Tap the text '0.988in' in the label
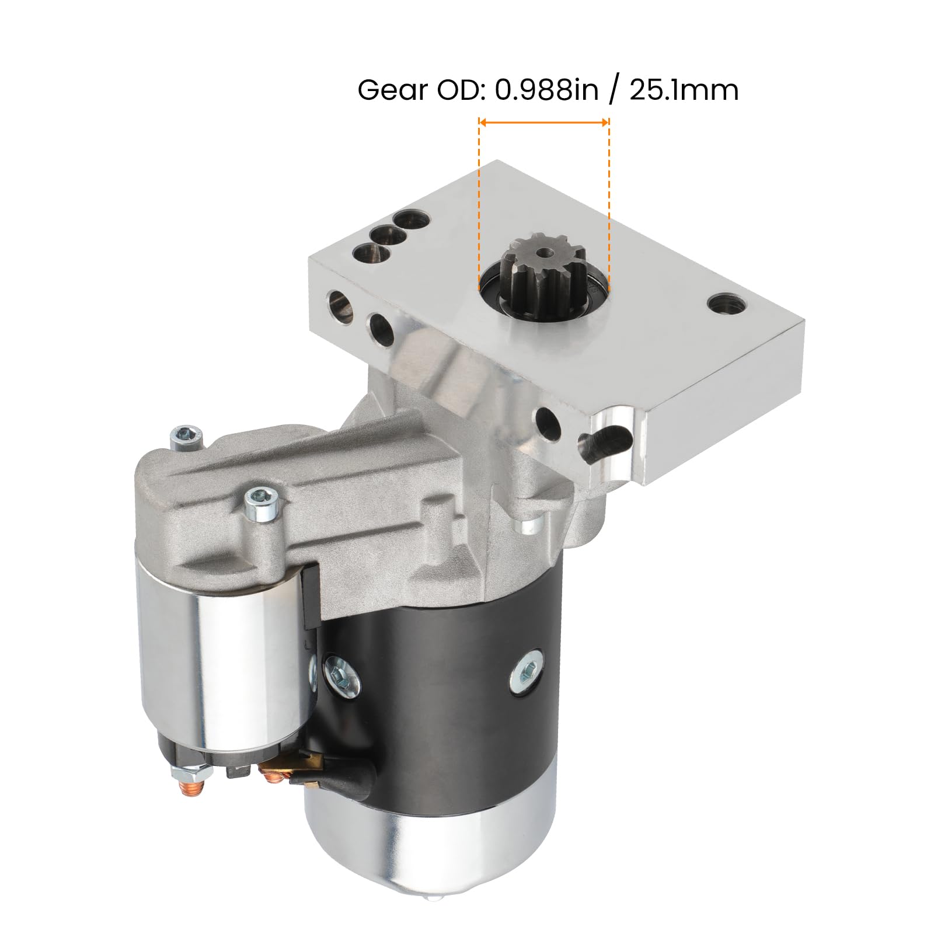point(546,90)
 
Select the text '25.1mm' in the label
point(684,90)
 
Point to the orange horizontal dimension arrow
point(543,122)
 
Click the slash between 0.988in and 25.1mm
point(612,91)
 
